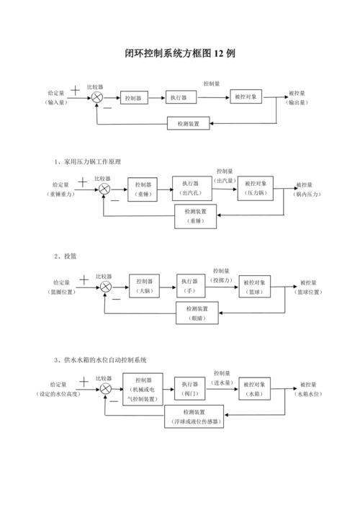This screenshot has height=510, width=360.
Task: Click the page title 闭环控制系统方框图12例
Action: (180, 54)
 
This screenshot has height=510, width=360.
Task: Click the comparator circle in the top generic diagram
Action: (97, 97)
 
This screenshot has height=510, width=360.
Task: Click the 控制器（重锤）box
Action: (143, 189)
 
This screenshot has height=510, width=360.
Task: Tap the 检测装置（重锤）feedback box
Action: (196, 216)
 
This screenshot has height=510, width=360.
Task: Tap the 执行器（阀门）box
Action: (191, 389)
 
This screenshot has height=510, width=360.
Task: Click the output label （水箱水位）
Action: (309, 395)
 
